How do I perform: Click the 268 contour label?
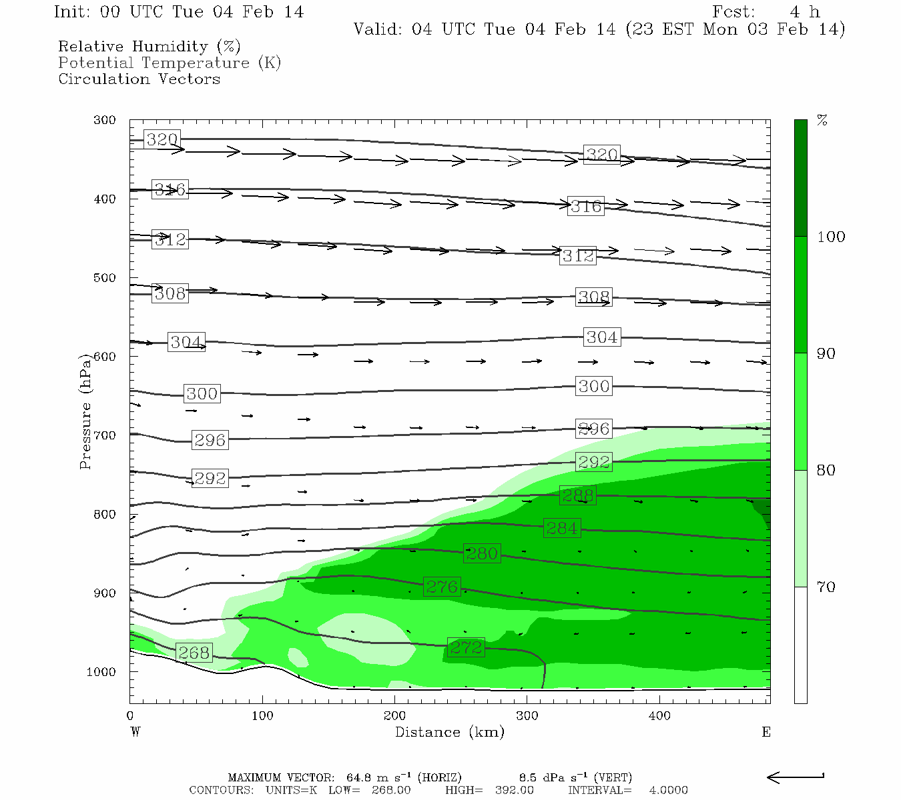(194, 653)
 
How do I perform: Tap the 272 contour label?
(466, 647)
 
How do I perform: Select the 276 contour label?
(442, 587)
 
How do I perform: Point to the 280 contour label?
(481, 553)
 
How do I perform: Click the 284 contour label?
(562, 528)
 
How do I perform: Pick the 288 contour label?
(577, 495)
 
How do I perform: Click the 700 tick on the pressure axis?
(105, 435)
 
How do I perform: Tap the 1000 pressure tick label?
(101, 672)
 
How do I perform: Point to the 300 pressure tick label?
(105, 120)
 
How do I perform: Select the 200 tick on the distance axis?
(394, 716)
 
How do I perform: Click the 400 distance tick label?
(659, 716)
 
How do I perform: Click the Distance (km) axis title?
(449, 732)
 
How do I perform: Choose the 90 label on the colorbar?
(826, 353)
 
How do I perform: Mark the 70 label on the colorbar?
(826, 587)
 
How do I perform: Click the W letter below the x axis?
(135, 732)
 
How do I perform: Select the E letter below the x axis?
(766, 732)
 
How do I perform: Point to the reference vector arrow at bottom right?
(796, 777)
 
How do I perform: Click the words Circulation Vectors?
(139, 79)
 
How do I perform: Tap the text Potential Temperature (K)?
(170, 63)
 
